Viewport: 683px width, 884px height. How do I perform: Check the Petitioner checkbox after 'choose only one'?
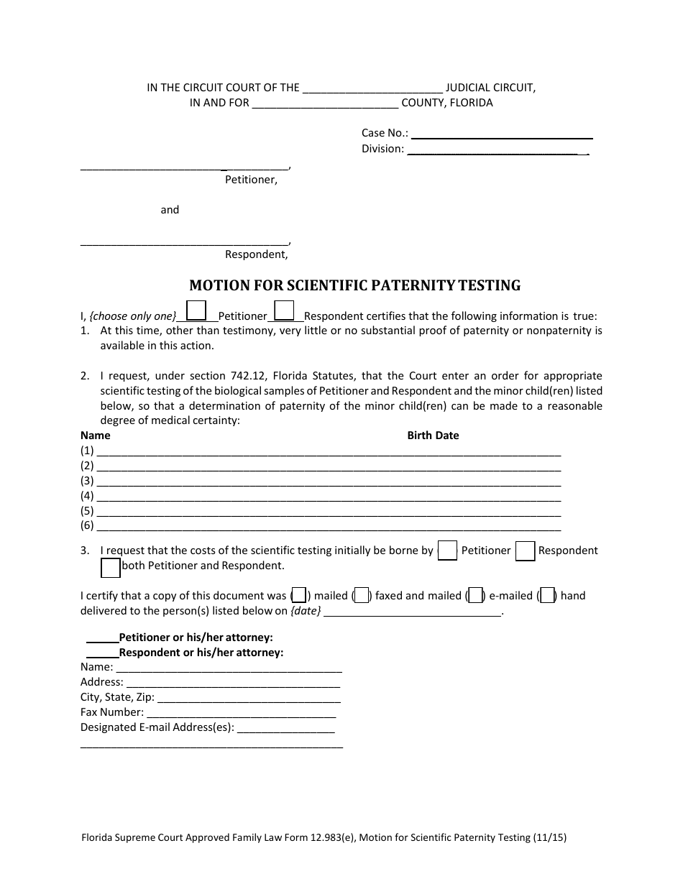(x=197, y=310)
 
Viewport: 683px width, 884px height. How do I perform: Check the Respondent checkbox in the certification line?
(x=285, y=310)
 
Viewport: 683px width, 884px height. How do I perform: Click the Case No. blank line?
(x=501, y=134)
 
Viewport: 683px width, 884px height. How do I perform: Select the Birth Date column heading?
(x=433, y=436)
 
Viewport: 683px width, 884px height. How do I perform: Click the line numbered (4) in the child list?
(x=328, y=497)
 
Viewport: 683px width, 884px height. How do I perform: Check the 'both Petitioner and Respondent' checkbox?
(x=111, y=568)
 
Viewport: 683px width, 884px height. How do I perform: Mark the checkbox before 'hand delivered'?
(x=547, y=596)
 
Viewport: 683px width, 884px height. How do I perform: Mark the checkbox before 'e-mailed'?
(x=475, y=596)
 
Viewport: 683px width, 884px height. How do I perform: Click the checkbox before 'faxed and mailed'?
(x=362, y=596)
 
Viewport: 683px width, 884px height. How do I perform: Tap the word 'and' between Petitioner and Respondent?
(x=170, y=210)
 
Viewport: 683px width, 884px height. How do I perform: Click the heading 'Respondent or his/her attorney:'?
(x=201, y=653)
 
